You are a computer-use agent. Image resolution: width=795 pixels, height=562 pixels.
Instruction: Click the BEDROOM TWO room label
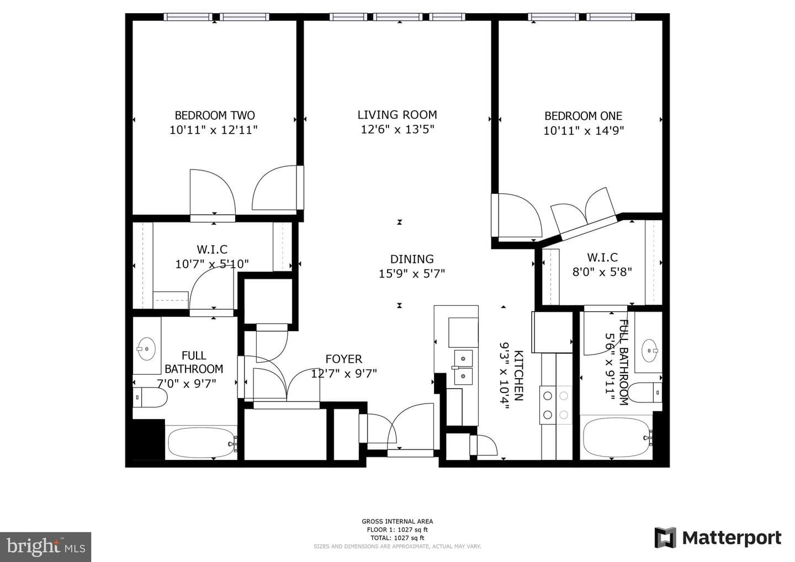click(x=215, y=115)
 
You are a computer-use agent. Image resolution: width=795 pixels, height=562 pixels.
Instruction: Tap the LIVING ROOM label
click(x=397, y=115)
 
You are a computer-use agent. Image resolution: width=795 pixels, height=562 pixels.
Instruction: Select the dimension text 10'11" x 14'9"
click(x=584, y=131)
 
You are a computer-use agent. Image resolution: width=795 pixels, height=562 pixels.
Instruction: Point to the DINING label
click(x=412, y=259)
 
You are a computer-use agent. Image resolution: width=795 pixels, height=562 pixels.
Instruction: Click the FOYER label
click(x=343, y=359)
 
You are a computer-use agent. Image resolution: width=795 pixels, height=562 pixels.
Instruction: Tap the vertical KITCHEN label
click(x=518, y=376)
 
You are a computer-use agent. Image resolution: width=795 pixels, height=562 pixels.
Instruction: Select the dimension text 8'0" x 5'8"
click(x=602, y=272)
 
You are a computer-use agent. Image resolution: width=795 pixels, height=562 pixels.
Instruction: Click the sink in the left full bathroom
click(x=146, y=349)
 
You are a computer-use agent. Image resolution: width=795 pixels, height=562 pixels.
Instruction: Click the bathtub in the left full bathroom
click(x=202, y=443)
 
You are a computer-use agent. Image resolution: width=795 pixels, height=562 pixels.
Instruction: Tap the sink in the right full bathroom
click(x=649, y=351)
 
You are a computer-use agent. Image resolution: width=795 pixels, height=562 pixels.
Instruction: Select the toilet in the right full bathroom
click(x=644, y=393)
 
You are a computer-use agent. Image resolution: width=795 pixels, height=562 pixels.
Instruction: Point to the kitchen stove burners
click(x=556, y=405)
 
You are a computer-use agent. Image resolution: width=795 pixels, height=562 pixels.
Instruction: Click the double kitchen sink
click(x=463, y=367)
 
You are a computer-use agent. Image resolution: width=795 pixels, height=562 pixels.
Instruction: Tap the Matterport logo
click(x=718, y=538)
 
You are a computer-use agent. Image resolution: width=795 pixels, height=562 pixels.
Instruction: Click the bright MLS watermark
click(x=45, y=547)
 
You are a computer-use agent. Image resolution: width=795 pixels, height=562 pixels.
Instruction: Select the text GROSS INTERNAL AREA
click(x=397, y=522)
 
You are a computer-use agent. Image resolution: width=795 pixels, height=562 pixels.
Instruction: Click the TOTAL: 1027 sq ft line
click(x=397, y=538)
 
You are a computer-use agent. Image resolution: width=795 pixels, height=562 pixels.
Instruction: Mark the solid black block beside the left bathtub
click(x=149, y=439)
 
